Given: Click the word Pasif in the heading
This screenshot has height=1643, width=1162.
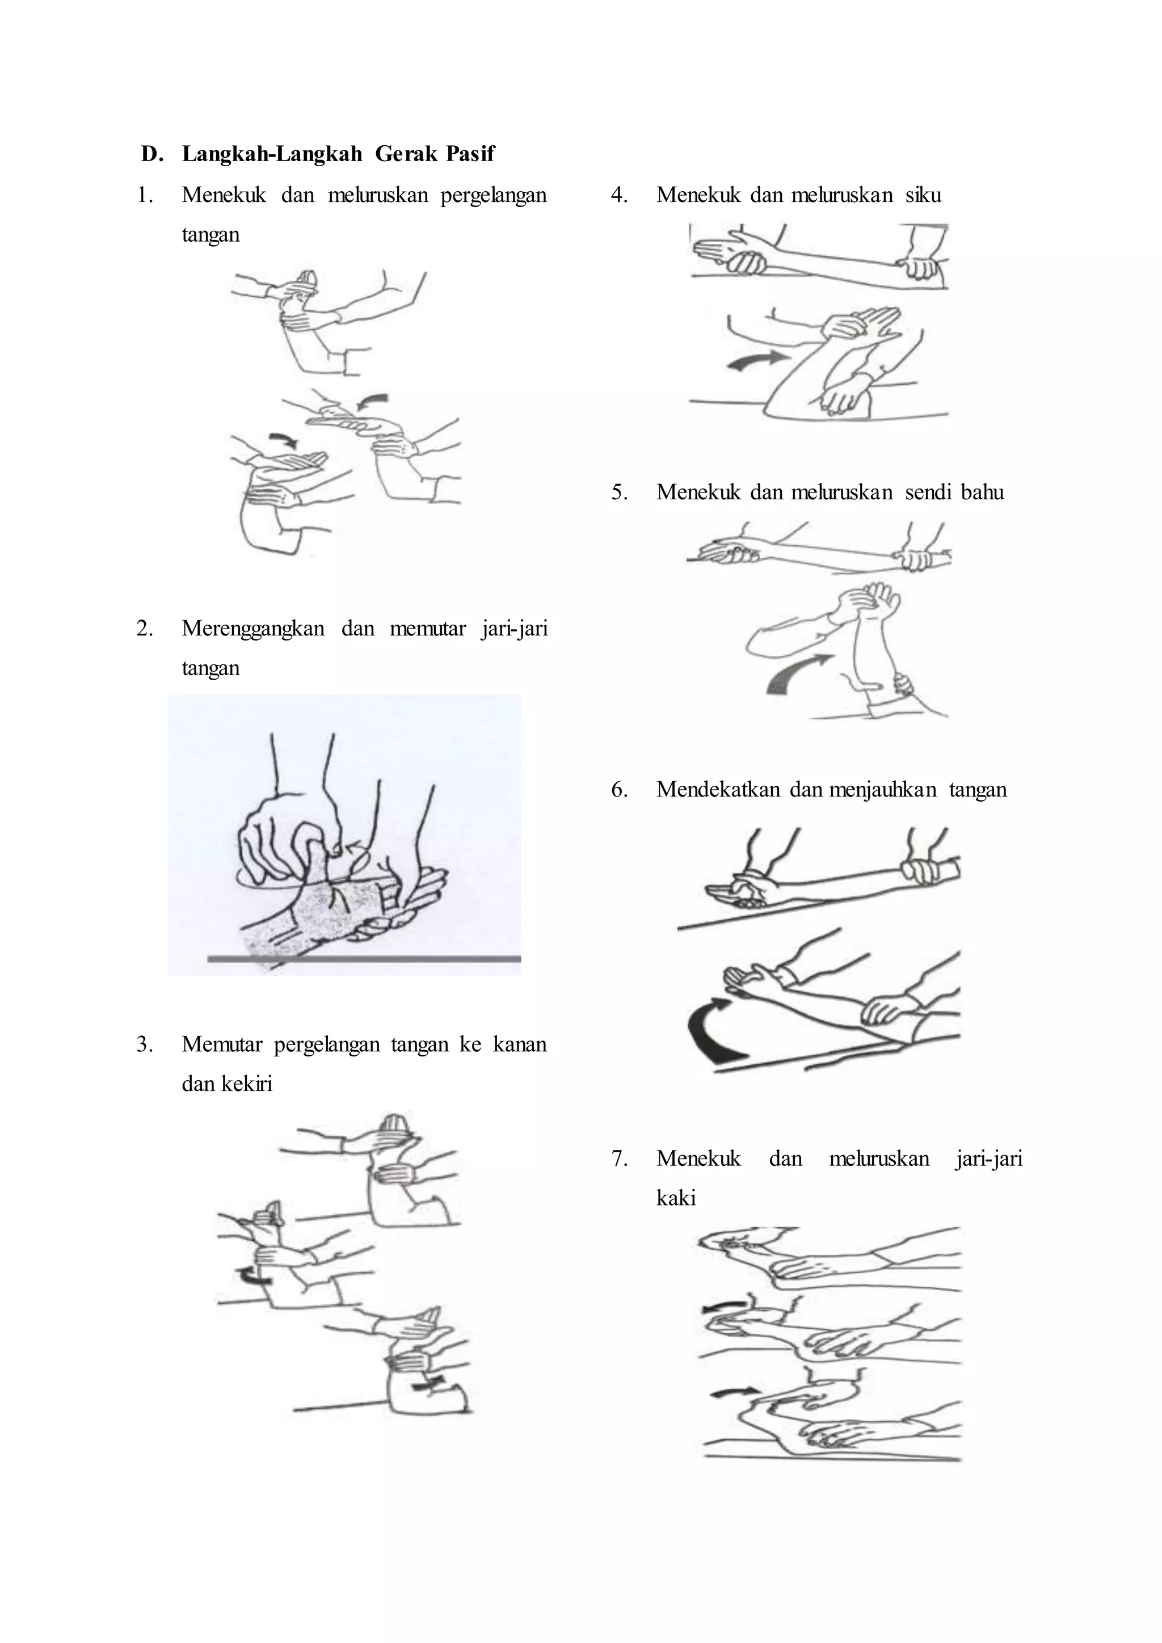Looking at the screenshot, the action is click(x=470, y=154).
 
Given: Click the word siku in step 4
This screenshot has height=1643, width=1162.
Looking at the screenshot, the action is click(x=923, y=195).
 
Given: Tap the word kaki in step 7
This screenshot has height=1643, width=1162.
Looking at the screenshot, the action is click(x=676, y=1198).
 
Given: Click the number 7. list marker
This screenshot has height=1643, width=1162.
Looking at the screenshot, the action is click(x=620, y=1158).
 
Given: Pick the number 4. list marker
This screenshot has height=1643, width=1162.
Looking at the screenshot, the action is click(x=620, y=195).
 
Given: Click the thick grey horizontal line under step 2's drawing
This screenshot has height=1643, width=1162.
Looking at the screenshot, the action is click(x=364, y=958).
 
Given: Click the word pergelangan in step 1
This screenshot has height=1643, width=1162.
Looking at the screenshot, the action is click(x=494, y=195).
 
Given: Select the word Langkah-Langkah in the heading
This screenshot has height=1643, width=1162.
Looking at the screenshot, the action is click(x=272, y=154).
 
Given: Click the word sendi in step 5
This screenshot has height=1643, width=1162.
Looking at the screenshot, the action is click(x=927, y=492).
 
